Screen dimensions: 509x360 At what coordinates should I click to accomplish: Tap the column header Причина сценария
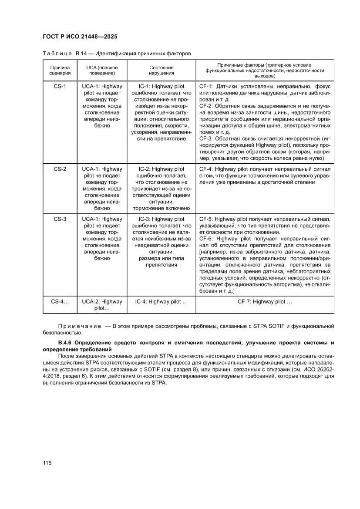pyautogui.click(x=60, y=71)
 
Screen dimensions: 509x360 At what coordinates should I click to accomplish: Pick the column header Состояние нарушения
pyautogui.click(x=161, y=71)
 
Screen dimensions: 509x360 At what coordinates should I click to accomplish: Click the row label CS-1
pyautogui.click(x=60, y=87)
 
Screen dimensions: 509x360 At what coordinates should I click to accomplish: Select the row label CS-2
pyautogui.click(x=60, y=169)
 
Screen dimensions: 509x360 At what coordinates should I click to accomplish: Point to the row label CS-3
pyautogui.click(x=60, y=219)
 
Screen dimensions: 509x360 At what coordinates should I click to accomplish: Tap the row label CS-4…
pyautogui.click(x=60, y=301)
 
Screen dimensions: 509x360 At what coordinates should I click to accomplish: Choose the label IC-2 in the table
pyautogui.click(x=144, y=169)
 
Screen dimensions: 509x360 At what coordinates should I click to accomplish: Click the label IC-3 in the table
pyautogui.click(x=144, y=219)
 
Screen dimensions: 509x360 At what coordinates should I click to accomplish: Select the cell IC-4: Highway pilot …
pyautogui.click(x=161, y=301)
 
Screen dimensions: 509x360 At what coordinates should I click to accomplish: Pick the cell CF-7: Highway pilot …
pyautogui.click(x=265, y=301)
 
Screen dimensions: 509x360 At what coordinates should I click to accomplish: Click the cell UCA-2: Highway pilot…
pyautogui.click(x=102, y=305)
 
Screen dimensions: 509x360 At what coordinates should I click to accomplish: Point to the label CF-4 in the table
pyautogui.click(x=205, y=169)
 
